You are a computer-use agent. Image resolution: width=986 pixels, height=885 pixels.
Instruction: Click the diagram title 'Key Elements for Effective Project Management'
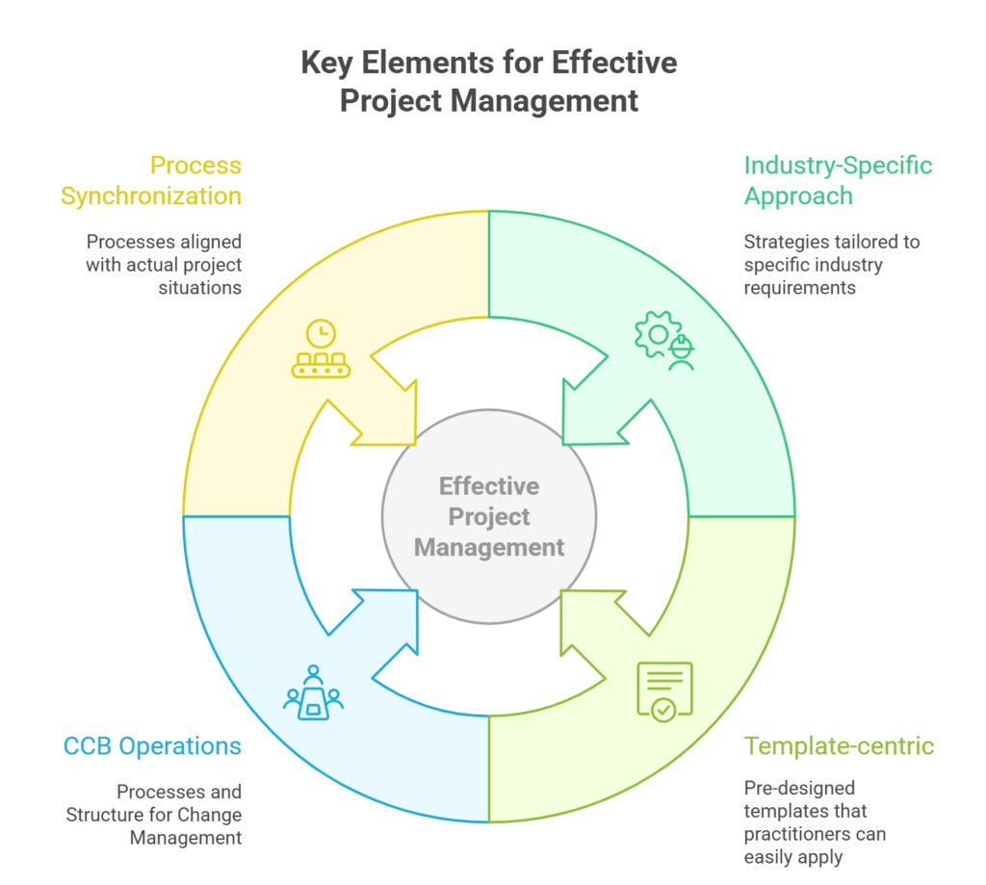pyautogui.click(x=489, y=82)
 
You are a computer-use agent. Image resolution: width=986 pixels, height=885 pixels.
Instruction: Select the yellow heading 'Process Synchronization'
pyautogui.click(x=151, y=180)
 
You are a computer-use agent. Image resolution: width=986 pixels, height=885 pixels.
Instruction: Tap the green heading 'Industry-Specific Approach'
pyautogui.click(x=838, y=180)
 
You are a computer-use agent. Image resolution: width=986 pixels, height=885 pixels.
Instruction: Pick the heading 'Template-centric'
pyautogui.click(x=839, y=746)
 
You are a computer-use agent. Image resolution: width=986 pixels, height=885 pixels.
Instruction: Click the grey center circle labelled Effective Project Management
pyautogui.click(x=489, y=516)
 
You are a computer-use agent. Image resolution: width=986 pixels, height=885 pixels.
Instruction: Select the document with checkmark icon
pyautogui.click(x=664, y=690)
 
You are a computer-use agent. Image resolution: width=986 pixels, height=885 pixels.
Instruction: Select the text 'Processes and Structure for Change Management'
pyautogui.click(x=154, y=815)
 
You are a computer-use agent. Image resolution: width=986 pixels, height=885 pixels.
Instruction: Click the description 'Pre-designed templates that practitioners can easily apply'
pyautogui.click(x=816, y=822)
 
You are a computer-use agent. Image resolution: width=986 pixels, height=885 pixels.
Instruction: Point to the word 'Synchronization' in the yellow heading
pyautogui.click(x=151, y=195)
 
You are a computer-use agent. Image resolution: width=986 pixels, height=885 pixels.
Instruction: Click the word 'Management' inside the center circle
pyautogui.click(x=489, y=547)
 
